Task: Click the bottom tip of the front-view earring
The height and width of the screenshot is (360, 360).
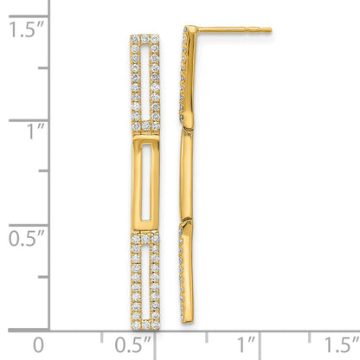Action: click(145, 325)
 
